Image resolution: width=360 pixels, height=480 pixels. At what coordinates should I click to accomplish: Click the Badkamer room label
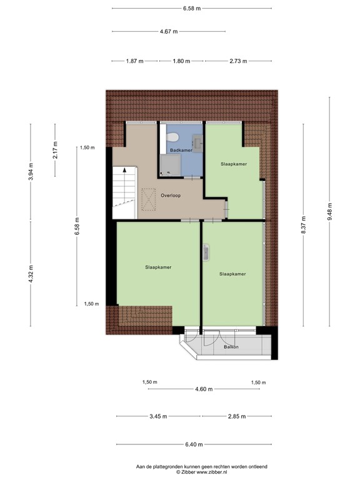pyautogui.click(x=180, y=151)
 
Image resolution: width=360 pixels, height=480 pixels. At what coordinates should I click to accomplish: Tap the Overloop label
pyautogui.click(x=171, y=196)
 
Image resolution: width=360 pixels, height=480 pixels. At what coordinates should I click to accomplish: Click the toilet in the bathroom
pyautogui.click(x=176, y=137)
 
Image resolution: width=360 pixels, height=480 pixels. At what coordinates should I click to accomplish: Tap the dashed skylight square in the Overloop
pyautogui.click(x=149, y=201)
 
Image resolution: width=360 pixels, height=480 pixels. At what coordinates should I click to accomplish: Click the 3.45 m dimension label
pyautogui.click(x=159, y=416)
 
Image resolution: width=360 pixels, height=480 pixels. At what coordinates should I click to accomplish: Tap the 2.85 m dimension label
pyautogui.click(x=236, y=416)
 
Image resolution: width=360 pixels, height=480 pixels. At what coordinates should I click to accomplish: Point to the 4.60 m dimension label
pyautogui.click(x=204, y=389)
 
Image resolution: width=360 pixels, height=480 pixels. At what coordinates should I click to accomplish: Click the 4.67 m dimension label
pyautogui.click(x=169, y=31)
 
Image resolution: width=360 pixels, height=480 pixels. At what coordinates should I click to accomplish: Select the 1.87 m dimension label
pyautogui.click(x=134, y=61)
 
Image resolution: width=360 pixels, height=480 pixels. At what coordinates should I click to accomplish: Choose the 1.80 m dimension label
pyautogui.click(x=181, y=61)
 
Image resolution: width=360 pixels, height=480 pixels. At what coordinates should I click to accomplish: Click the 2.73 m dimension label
pyautogui.click(x=238, y=61)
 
